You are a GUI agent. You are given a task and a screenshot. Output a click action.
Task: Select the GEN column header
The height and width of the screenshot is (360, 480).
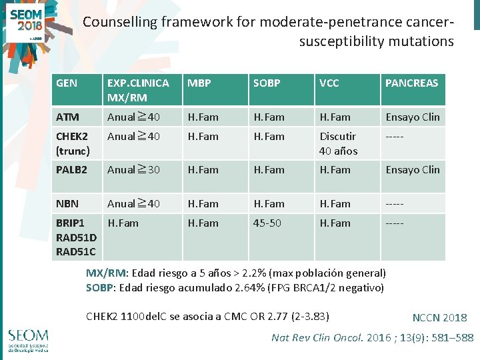click(67, 83)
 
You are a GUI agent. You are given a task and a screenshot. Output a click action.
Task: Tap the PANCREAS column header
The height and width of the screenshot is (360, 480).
click(411, 83)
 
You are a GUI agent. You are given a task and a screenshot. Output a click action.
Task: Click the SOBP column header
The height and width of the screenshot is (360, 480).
click(267, 83)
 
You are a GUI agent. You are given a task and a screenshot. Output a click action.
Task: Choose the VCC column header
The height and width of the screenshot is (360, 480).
click(329, 83)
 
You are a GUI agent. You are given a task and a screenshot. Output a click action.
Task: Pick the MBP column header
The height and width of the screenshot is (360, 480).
click(199, 83)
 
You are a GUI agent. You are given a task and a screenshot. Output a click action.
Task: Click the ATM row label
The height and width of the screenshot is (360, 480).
click(67, 117)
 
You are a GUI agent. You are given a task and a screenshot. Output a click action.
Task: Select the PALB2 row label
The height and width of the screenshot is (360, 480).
click(71, 170)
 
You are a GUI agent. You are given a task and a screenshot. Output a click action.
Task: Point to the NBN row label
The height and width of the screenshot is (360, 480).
click(67, 204)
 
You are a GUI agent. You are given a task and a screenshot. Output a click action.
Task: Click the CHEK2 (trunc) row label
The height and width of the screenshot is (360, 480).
click(71, 143)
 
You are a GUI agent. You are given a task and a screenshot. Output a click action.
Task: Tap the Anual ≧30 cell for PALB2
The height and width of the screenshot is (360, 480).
click(134, 170)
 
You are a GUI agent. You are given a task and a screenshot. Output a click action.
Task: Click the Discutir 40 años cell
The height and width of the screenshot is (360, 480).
click(339, 143)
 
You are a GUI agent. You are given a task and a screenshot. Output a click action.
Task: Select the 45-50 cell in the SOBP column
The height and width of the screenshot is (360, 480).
click(267, 223)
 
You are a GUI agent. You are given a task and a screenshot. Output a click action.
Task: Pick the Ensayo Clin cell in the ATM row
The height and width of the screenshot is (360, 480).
click(413, 117)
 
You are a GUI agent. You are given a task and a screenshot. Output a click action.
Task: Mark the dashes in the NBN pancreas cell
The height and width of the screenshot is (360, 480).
click(395, 204)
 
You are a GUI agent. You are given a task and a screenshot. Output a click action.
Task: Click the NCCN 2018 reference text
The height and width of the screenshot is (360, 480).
click(439, 318)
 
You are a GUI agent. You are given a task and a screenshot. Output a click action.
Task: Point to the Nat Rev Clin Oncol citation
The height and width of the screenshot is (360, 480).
click(372, 337)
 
